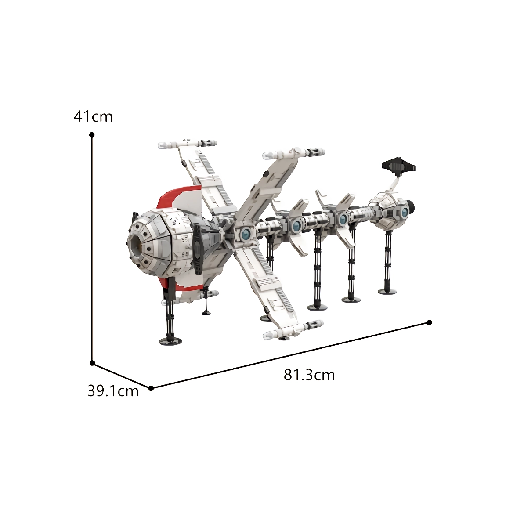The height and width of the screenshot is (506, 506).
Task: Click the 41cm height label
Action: (93, 116)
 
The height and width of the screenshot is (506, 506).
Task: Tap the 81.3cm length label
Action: (309, 375)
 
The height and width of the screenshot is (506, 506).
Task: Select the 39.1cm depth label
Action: (113, 391)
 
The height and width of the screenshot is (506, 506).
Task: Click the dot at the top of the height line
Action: (92, 134)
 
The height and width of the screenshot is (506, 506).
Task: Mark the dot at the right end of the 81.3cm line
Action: (429, 322)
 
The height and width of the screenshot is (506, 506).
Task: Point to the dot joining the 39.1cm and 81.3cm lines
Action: (151, 388)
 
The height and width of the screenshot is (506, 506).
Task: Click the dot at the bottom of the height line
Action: (92, 363)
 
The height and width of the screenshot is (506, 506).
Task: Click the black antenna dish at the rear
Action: (399, 166)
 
